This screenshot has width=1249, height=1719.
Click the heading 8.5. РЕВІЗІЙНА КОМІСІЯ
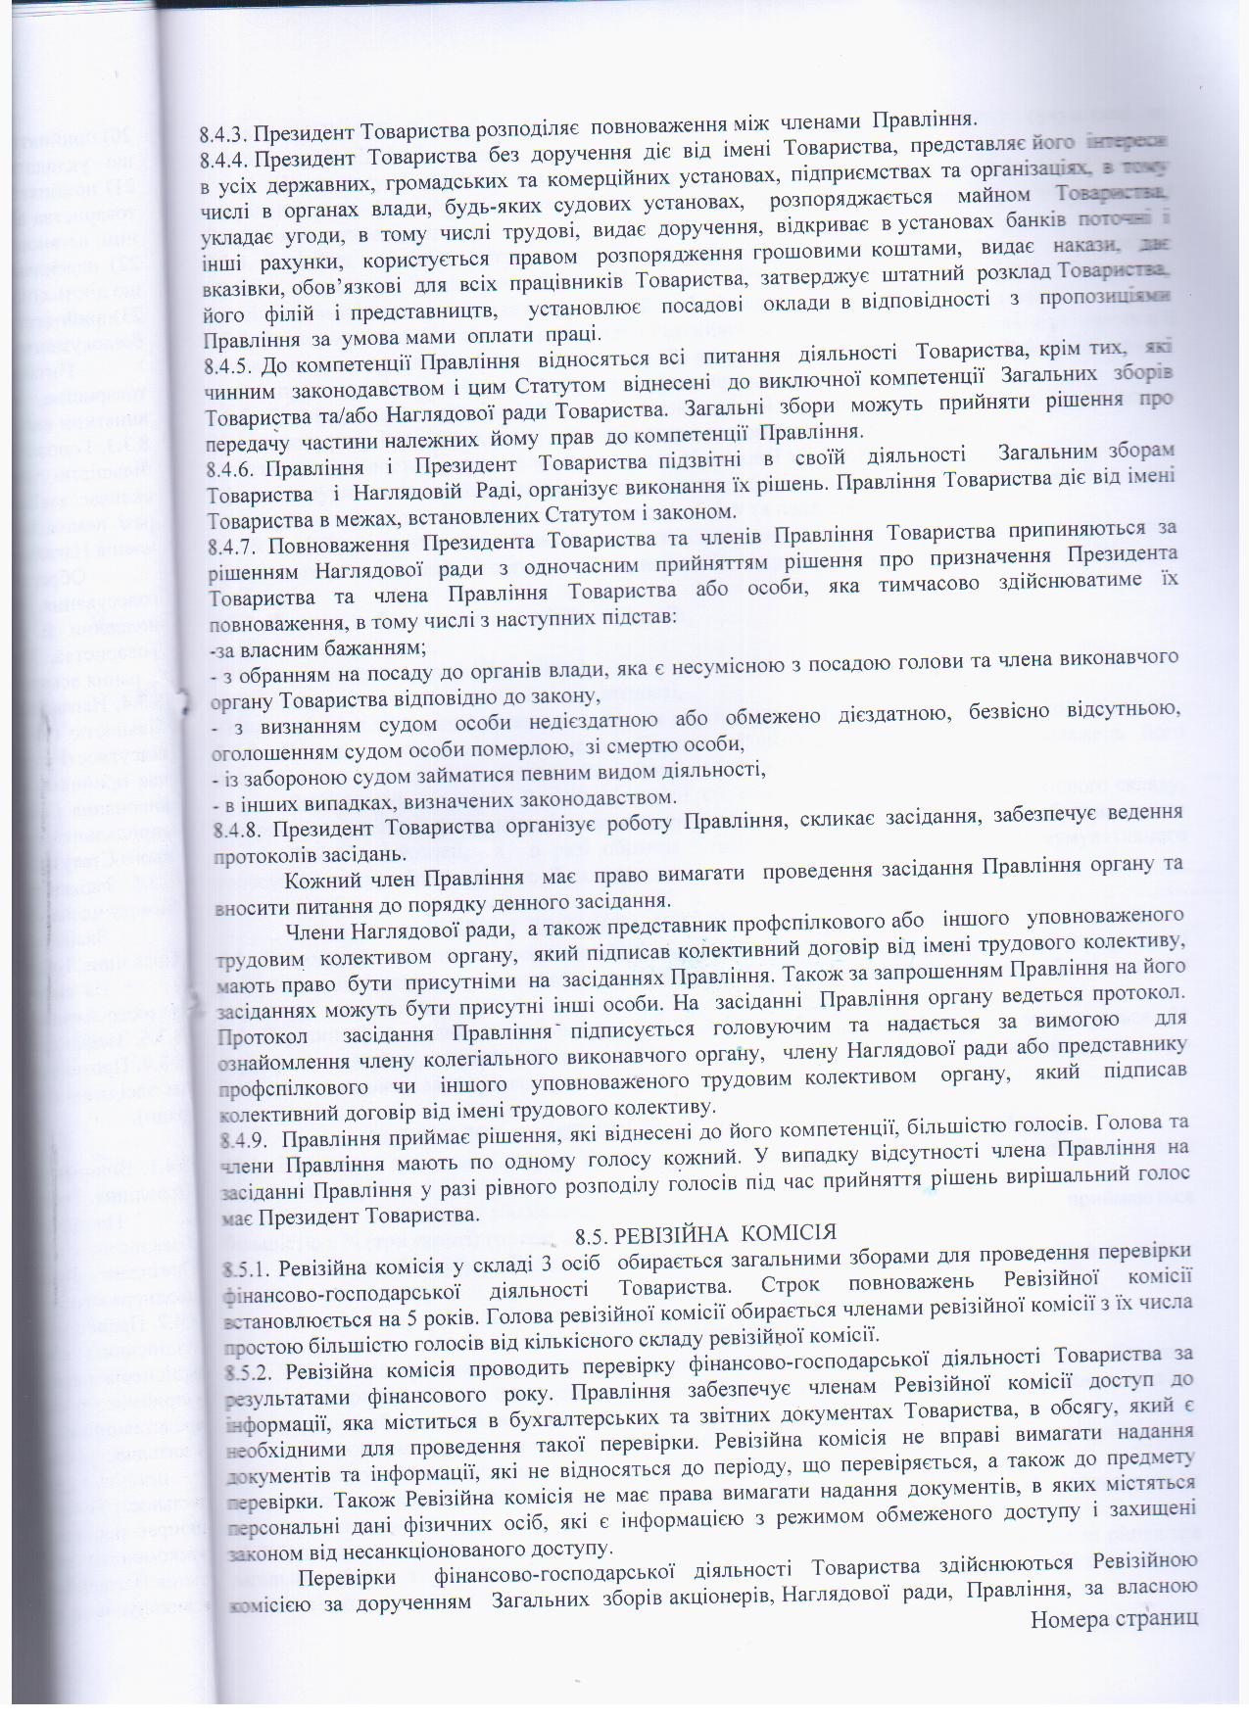[x=706, y=1232]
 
